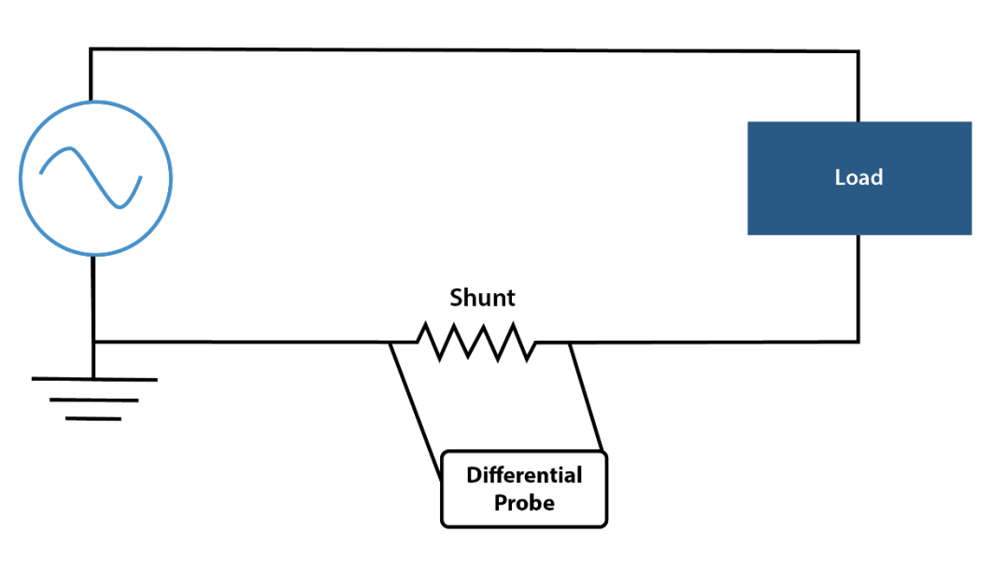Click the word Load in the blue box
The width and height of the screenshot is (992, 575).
[858, 177]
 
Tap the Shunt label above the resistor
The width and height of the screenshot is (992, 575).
[482, 298]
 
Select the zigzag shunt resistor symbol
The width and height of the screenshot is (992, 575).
[476, 342]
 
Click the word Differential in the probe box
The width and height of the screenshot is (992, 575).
[524, 475]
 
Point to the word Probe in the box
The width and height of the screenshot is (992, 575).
[524, 503]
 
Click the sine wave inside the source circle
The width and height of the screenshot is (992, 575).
[92, 177]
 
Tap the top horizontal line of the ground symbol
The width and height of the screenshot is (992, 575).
[94, 379]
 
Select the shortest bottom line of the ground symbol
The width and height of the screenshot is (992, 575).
[93, 419]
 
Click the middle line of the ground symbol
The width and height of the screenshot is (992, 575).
[93, 400]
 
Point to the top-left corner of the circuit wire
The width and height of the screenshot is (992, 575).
[92, 49]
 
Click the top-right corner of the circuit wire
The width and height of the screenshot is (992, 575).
[857, 51]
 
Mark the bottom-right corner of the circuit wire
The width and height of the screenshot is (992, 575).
[857, 342]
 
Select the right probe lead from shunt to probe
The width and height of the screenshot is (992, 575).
[586, 398]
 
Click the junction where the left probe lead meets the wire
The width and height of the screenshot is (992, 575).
[390, 343]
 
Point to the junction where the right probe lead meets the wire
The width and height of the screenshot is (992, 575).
[570, 343]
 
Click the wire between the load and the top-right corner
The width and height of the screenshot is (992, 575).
[857, 87]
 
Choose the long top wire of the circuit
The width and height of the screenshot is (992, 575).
[475, 50]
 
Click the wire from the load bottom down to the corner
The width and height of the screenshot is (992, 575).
[857, 288]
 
